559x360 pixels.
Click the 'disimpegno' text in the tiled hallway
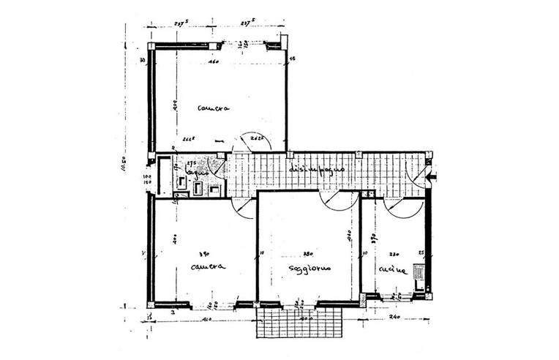(317, 169)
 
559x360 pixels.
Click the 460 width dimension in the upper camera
(214, 63)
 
